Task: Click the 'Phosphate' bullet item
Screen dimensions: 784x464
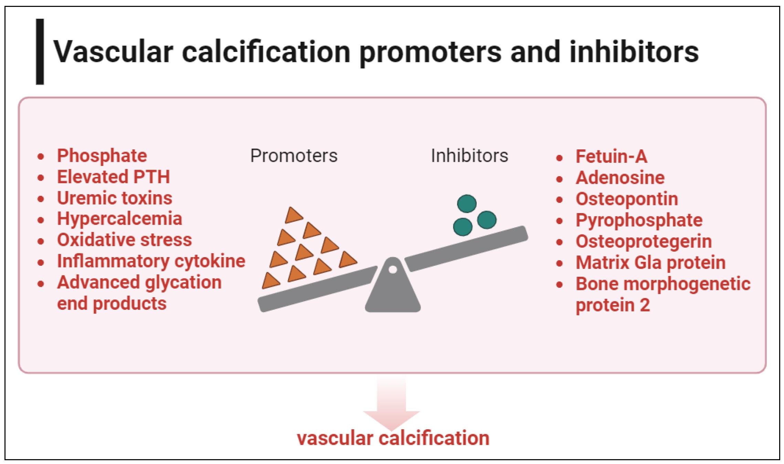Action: pos(102,156)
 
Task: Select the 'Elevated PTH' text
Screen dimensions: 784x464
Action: pos(114,177)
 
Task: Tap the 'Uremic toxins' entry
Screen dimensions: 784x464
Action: pos(115,198)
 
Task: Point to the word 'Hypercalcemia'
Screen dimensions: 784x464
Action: pos(119,219)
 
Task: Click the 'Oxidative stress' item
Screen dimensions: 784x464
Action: pos(124,240)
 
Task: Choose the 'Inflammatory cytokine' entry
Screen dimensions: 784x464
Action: pos(151,261)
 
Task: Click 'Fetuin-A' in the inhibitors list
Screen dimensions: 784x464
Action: pos(611,156)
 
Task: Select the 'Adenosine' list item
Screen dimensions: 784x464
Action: pos(620,178)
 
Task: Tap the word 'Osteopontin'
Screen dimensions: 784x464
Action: pos(627,199)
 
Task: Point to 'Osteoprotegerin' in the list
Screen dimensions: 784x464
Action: pos(644,242)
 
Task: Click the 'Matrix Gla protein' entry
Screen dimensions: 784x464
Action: pos(650,263)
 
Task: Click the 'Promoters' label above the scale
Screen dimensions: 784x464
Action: pos(294,156)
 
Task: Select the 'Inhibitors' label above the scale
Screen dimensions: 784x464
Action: pos(469,156)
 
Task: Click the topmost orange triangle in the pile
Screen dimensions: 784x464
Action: pos(293,215)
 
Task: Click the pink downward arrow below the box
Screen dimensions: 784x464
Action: pos(392,403)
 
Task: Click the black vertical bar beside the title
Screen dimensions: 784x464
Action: pos(40,52)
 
